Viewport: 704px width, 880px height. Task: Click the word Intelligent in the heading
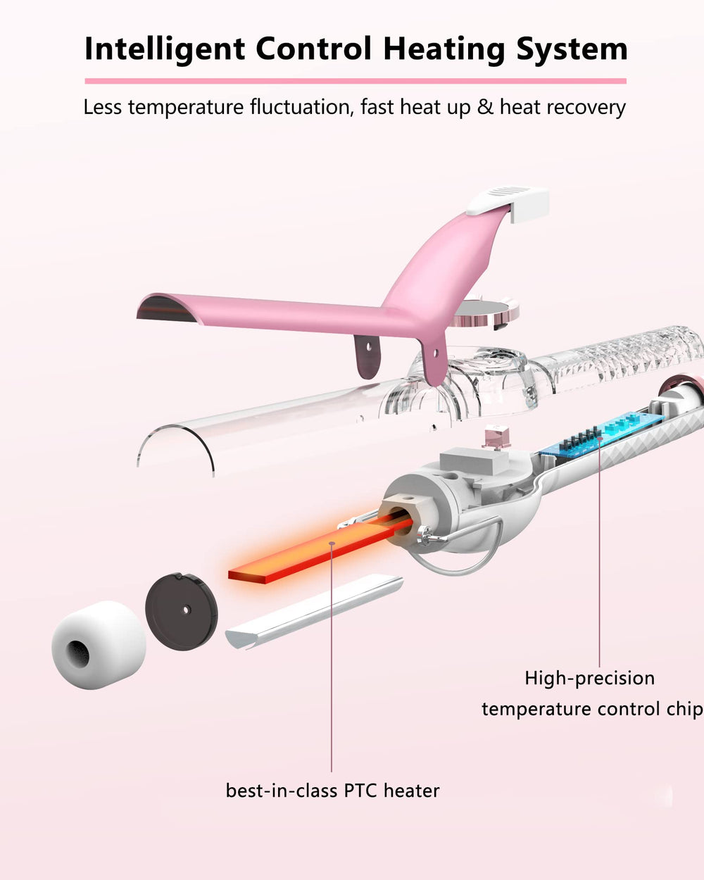tap(165, 50)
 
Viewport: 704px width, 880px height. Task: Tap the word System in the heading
tap(572, 50)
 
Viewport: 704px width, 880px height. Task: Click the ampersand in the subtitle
tap(485, 107)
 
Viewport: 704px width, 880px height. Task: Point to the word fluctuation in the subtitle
tap(301, 107)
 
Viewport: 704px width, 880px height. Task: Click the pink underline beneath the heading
tap(356, 81)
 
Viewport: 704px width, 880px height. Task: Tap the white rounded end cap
tap(99, 645)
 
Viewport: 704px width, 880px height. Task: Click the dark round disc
tap(182, 611)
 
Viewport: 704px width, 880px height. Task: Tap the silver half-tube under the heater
tap(314, 612)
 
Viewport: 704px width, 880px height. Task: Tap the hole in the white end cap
tap(77, 652)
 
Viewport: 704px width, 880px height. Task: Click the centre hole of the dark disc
tap(186, 610)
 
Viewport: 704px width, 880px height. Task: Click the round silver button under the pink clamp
tap(485, 313)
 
